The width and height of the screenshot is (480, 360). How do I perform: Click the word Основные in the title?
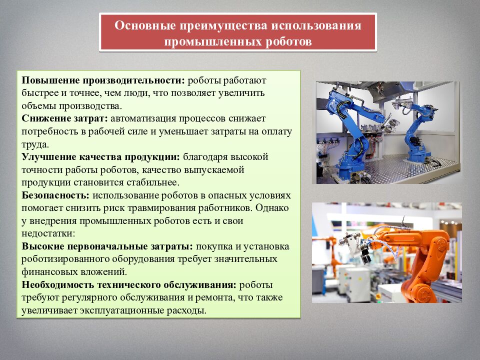[x=142, y=25]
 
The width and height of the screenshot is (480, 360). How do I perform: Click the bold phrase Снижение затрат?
[x=64, y=118]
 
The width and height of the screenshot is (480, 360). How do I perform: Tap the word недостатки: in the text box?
[x=48, y=233]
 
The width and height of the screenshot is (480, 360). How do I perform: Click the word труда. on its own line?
[x=34, y=144]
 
